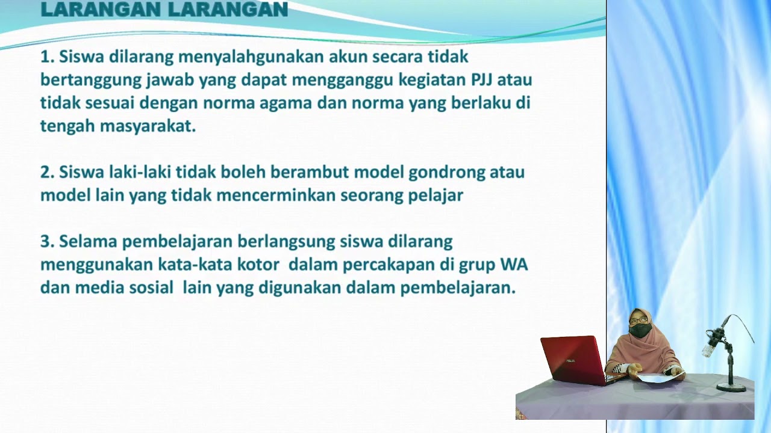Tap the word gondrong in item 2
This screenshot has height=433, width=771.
tap(447, 173)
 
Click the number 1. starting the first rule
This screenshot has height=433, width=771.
tap(48, 57)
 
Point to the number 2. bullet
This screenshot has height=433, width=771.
tap(48, 173)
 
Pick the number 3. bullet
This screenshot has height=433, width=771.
tap(48, 242)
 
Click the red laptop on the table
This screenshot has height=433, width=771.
tap(572, 359)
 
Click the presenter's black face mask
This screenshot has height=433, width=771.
tap(640, 330)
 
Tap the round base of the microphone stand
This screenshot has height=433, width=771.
tap(732, 387)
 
